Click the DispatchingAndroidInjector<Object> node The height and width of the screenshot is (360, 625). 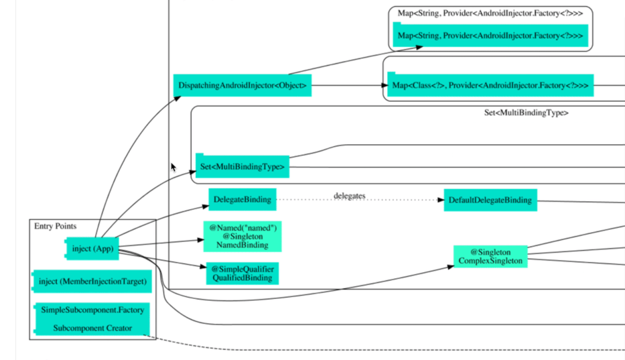(242, 85)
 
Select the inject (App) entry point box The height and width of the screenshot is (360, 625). (92, 248)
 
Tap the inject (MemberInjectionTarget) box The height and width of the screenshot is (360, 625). (92, 281)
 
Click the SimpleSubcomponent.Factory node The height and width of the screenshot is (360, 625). (92, 310)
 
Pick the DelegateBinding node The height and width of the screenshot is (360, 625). (242, 199)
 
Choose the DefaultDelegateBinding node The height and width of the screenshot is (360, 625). (490, 200)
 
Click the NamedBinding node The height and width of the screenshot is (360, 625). (242, 236)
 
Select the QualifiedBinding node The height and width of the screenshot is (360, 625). (242, 273)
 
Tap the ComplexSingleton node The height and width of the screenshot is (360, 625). (490, 257)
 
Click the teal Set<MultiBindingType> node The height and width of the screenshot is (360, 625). (242, 167)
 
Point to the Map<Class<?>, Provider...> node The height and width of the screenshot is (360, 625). (490, 85)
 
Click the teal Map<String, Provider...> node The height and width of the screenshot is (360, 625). (490, 36)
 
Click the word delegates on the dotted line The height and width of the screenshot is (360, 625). (350, 196)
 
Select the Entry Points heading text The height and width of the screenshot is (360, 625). (55, 226)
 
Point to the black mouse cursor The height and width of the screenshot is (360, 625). (173, 167)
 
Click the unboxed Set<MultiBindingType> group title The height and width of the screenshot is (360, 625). (526, 113)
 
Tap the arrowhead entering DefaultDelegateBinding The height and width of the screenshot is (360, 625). (440, 200)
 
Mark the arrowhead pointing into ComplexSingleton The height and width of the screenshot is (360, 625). (450, 267)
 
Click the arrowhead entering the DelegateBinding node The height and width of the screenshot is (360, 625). (205, 207)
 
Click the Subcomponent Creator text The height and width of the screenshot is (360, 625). (92, 328)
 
